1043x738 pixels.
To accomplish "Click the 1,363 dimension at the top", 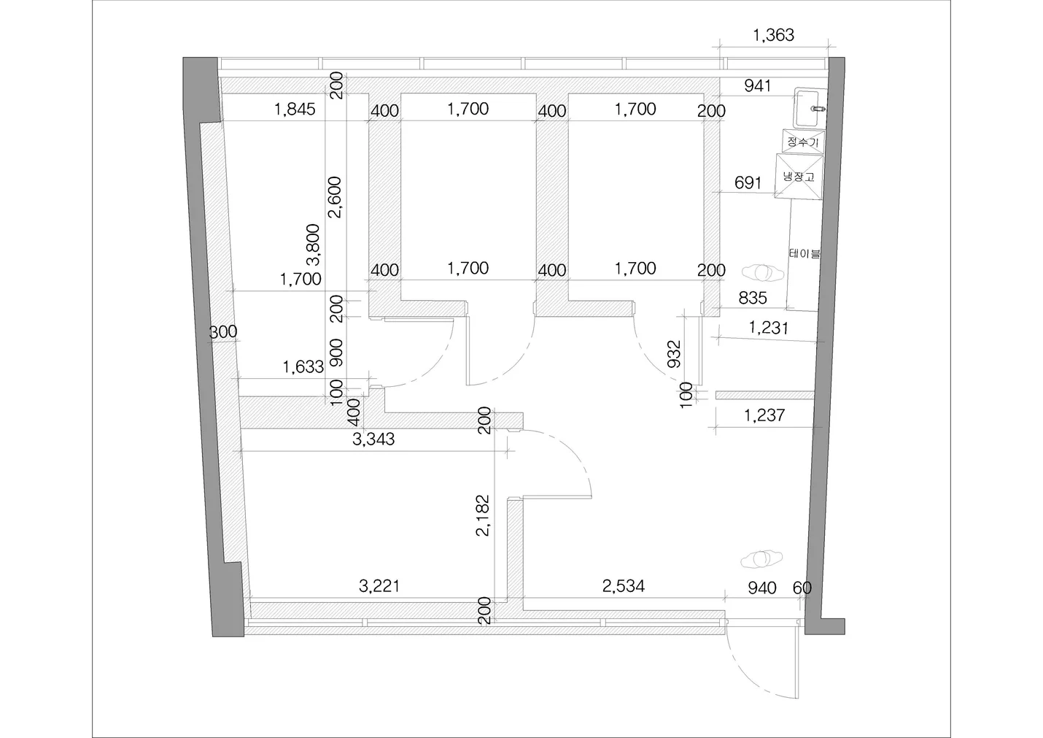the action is click(773, 35).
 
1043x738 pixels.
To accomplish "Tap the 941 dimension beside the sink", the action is click(758, 85).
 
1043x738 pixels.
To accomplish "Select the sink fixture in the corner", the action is click(810, 108).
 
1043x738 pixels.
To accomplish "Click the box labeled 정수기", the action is click(803, 141).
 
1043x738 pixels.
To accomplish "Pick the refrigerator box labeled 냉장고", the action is click(799, 177).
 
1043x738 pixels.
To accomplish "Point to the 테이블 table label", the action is click(804, 253).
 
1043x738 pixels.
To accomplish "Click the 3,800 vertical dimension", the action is click(314, 245).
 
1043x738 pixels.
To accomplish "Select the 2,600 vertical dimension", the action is click(336, 197).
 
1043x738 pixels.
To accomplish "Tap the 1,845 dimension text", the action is click(295, 109).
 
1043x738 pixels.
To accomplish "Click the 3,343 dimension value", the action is click(373, 439).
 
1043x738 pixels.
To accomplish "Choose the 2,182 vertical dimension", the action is click(483, 515).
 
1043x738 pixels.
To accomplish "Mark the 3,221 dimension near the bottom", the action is click(379, 586).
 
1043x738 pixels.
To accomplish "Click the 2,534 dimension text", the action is click(624, 586).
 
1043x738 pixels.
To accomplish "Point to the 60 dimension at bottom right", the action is click(802, 588).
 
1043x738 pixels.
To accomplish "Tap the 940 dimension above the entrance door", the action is click(762, 588).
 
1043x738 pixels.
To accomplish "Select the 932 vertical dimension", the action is click(674, 354).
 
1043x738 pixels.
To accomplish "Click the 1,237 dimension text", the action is click(764, 415).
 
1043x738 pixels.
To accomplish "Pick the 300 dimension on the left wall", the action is click(223, 331).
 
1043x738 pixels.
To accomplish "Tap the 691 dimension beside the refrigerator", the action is click(748, 183).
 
